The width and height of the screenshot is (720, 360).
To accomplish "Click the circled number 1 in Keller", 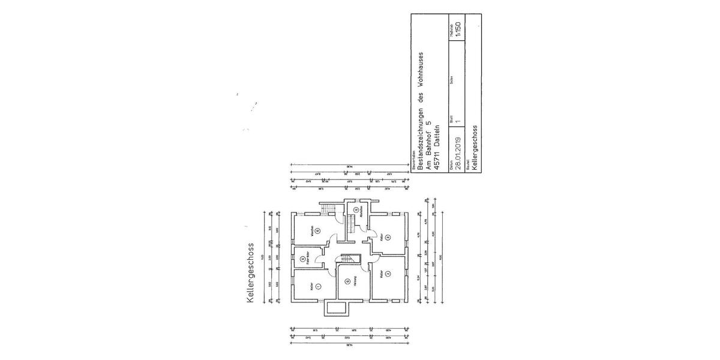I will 318,286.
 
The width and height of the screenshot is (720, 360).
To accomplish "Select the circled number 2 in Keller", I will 389,274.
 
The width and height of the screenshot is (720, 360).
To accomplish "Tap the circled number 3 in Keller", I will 388,238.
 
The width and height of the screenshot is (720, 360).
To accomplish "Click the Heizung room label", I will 355,281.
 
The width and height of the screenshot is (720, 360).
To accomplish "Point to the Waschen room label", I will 312,230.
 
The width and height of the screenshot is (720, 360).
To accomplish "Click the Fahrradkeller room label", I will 307,260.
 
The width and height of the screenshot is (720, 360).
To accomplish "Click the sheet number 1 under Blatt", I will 458,121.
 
